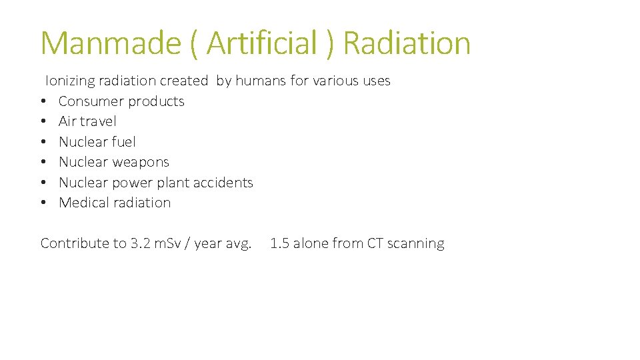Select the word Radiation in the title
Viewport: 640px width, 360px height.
pyautogui.click(x=407, y=43)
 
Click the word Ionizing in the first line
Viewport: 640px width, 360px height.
pyautogui.click(x=69, y=81)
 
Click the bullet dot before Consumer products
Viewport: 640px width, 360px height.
pyautogui.click(x=43, y=102)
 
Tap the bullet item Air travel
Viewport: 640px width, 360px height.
pyautogui.click(x=87, y=121)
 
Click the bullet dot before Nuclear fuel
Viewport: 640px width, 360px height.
pyautogui.click(x=43, y=142)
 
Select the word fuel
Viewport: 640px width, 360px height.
pyautogui.click(x=124, y=142)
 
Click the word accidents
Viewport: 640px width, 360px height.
pyautogui.click(x=223, y=183)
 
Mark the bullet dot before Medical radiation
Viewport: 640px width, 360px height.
pyautogui.click(x=43, y=203)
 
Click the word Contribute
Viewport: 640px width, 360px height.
pyautogui.click(x=75, y=243)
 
